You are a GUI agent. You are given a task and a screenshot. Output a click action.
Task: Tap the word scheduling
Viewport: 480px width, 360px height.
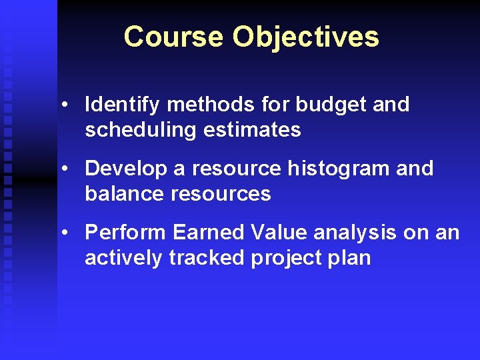[137, 129]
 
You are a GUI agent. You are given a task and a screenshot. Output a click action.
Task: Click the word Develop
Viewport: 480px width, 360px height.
[126, 169]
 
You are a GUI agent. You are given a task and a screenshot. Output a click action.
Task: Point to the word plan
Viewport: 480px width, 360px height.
[350, 257]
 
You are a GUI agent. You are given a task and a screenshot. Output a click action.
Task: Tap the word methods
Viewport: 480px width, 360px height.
[207, 105]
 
